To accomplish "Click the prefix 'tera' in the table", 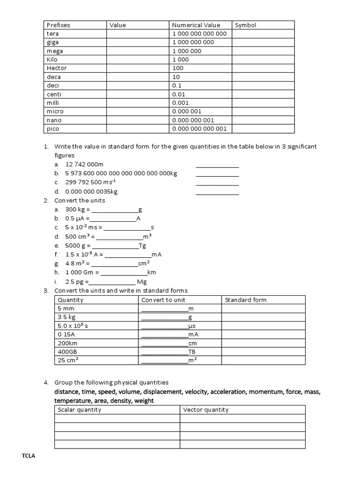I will pos(52,34).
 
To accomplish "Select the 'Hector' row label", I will pos(57,68).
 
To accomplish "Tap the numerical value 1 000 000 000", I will pos(193,42).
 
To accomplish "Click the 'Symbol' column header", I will pos(246,25).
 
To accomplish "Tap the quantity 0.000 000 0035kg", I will pos(91,191).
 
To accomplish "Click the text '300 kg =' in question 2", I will pos(77,209).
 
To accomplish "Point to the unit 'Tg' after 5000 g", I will pos(142,246).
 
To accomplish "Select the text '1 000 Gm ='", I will pos(82,272).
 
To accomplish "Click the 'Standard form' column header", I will pos(246,300).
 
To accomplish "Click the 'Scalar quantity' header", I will pos(79,410).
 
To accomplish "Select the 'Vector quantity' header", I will pos(206,410).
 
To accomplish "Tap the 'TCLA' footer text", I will pos(29,456).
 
